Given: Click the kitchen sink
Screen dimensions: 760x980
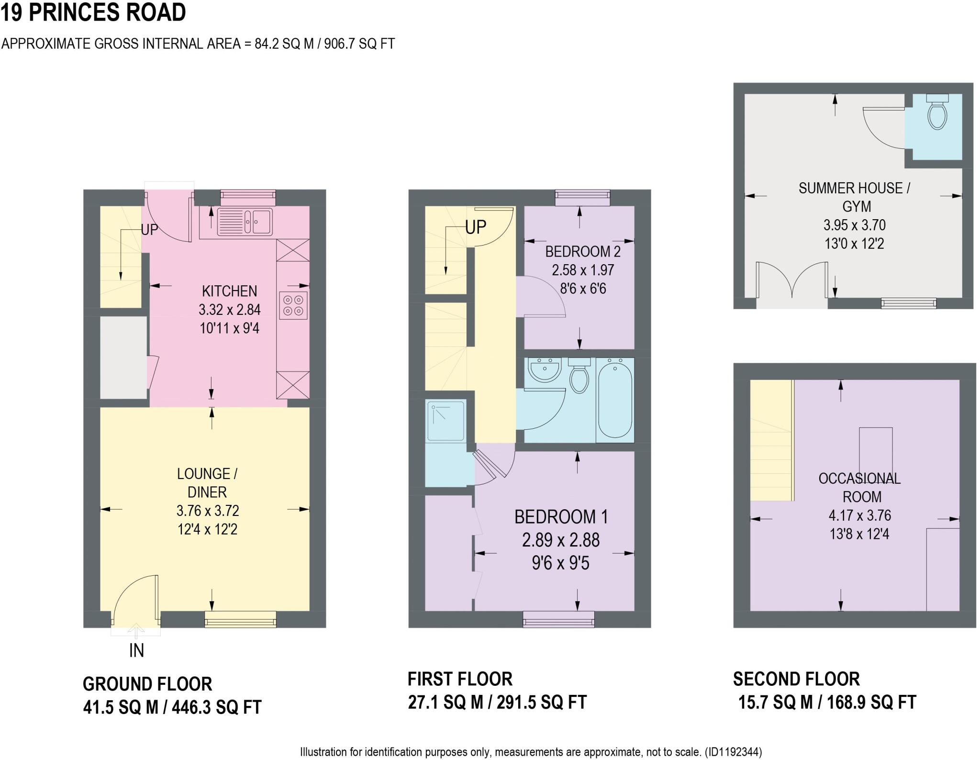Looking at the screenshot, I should click(x=245, y=222).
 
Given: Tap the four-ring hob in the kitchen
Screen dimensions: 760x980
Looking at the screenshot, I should click(x=293, y=306).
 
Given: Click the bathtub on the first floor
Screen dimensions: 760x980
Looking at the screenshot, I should click(x=615, y=400).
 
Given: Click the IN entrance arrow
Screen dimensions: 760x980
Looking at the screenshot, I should click(x=136, y=632).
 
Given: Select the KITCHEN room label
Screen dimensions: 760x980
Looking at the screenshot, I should click(x=229, y=291).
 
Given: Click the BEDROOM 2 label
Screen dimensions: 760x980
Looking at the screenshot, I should click(x=582, y=251).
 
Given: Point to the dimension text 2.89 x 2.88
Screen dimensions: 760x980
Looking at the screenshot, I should click(x=560, y=540).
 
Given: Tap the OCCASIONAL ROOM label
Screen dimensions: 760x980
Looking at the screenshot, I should click(x=860, y=487).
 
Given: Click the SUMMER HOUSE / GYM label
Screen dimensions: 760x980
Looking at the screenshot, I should click(x=855, y=197).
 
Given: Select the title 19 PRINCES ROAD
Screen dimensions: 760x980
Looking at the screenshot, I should click(x=93, y=12).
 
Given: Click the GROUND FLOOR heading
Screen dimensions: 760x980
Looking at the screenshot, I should click(x=147, y=684).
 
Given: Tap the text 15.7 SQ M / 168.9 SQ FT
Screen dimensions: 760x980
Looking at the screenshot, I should click(x=826, y=702).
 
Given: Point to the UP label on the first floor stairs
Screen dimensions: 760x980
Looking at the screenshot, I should click(x=475, y=227).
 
